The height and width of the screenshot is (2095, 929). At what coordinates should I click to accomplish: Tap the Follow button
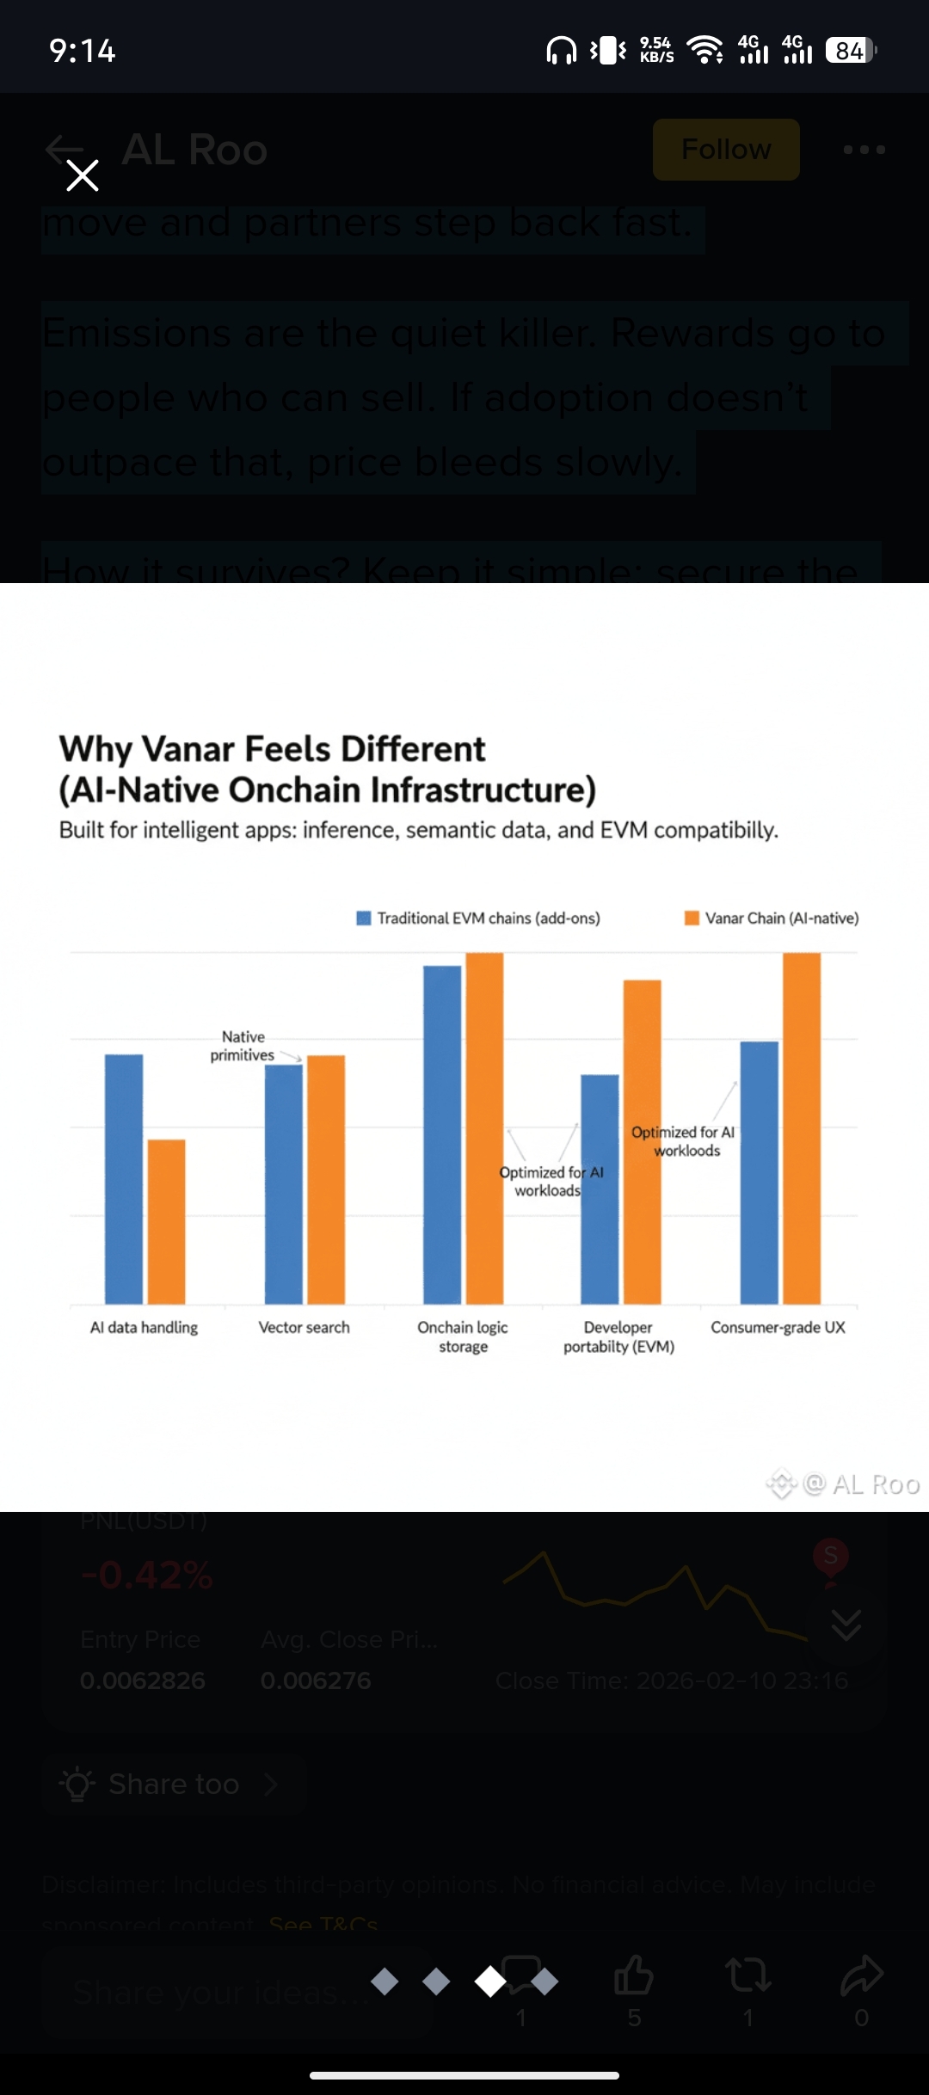coord(726,150)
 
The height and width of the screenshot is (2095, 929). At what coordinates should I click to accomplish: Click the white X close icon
coord(83,175)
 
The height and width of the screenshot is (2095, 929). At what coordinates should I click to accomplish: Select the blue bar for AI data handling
coord(124,1178)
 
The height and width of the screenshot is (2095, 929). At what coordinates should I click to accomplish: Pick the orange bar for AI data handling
coord(166,1221)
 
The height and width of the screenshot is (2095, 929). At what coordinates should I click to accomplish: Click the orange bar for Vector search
coord(326,1178)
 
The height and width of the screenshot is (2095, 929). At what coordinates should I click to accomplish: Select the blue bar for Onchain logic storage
coord(442,1135)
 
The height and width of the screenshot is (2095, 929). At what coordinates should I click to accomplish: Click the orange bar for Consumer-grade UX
coord(802,1127)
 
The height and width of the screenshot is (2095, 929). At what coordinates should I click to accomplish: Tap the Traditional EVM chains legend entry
coord(479,918)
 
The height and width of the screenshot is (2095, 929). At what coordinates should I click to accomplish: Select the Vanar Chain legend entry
coord(772,918)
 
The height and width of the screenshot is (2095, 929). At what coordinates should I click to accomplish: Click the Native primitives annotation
coord(243,1046)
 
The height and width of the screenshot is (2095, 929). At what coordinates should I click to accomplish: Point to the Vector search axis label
coord(305,1327)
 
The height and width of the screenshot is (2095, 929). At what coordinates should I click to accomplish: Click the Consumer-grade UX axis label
coord(778,1327)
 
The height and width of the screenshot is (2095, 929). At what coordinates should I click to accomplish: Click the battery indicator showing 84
coord(850,51)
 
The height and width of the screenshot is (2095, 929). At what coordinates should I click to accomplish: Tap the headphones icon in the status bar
coord(562,51)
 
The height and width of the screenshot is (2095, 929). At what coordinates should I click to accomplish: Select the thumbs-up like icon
coord(634,1975)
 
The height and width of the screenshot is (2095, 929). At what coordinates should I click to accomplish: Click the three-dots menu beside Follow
coord(864,150)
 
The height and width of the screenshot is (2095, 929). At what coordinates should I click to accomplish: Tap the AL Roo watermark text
coord(876,1484)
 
